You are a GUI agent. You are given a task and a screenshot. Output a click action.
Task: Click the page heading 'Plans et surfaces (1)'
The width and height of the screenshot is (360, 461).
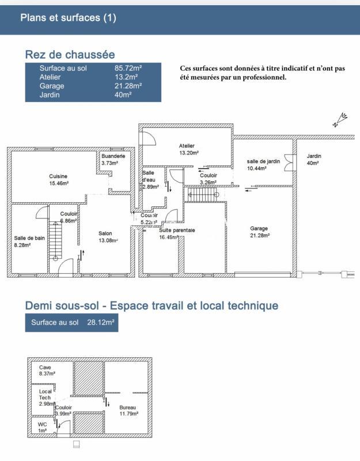click(68, 17)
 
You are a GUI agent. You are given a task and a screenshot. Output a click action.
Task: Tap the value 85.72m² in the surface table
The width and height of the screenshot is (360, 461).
click(128, 68)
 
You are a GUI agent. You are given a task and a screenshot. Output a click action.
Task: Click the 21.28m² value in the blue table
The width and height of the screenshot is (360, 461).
click(128, 86)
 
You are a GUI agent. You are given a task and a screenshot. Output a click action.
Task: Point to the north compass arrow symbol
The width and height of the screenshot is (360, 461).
click(340, 120)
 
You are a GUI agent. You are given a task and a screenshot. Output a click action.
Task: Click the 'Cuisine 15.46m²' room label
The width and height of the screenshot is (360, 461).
click(58, 180)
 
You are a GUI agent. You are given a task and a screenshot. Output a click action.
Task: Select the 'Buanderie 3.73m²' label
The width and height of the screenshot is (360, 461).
click(113, 160)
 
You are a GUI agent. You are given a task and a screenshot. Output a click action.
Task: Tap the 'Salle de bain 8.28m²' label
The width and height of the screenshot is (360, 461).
click(29, 241)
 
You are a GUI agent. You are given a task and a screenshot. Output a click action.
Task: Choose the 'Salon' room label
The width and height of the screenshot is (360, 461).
click(105, 233)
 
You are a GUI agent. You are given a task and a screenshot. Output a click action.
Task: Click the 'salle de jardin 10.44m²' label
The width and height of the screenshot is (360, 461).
click(263, 165)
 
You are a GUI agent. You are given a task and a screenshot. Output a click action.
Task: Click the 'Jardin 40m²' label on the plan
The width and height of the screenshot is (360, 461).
click(314, 160)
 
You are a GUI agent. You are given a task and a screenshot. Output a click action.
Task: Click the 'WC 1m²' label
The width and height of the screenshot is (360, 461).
click(43, 428)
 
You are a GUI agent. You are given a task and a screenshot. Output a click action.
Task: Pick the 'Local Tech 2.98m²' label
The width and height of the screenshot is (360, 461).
click(46, 398)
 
